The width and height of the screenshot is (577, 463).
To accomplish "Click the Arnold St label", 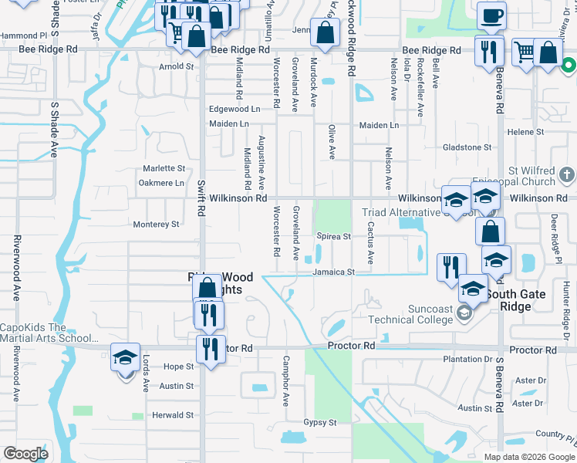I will tap(176, 67).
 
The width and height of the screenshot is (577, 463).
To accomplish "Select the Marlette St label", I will tap(164, 168).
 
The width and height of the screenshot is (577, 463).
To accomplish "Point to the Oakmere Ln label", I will tap(160, 183).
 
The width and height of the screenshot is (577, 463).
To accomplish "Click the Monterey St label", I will tap(156, 225).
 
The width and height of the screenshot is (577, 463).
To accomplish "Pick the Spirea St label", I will tap(333, 237).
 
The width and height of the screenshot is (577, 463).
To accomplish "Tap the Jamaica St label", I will tap(333, 272).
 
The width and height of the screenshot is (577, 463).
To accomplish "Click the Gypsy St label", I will tap(319, 423).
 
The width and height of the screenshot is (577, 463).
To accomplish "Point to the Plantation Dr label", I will tap(467, 360).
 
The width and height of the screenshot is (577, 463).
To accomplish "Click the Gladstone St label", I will tap(467, 147).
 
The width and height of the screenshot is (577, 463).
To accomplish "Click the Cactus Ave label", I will tap(371, 243).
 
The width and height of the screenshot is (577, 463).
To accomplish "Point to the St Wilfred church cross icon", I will tap(567, 174).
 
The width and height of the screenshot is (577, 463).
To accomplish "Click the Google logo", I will tap(25, 454).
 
